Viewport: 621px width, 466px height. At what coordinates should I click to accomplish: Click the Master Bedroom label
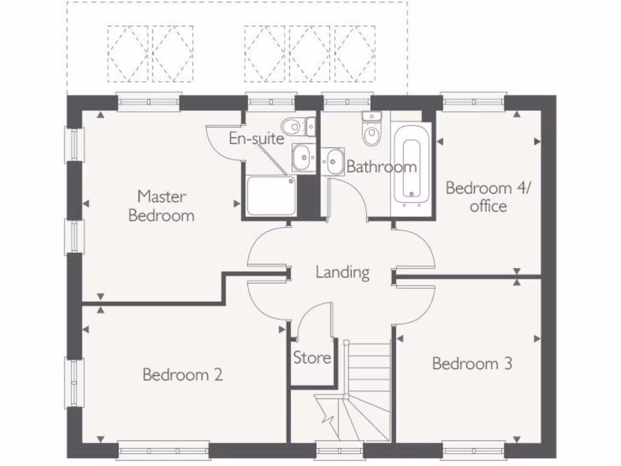(x=161, y=206)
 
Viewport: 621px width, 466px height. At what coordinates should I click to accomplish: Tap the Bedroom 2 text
(x=183, y=374)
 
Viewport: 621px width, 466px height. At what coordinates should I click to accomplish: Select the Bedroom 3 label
(x=472, y=363)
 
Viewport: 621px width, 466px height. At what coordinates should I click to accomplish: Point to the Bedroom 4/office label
(x=488, y=197)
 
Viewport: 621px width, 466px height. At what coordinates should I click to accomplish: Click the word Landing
(x=343, y=272)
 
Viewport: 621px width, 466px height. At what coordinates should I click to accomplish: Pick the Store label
(x=312, y=358)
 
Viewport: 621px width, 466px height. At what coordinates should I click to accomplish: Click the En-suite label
(x=256, y=138)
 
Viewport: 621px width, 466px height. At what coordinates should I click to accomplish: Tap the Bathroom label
(x=381, y=166)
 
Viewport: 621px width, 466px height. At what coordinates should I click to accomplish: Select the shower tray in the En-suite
(x=271, y=195)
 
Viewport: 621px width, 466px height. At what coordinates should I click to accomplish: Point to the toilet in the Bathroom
(x=372, y=130)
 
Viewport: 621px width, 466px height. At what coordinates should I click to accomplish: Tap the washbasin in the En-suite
(x=303, y=158)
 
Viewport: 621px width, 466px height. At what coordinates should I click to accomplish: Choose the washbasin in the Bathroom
(x=333, y=161)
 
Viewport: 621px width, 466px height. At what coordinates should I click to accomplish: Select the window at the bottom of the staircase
(x=339, y=451)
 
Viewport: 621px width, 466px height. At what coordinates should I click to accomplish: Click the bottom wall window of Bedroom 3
(x=472, y=451)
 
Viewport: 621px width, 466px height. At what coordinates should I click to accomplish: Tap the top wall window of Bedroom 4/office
(x=474, y=102)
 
